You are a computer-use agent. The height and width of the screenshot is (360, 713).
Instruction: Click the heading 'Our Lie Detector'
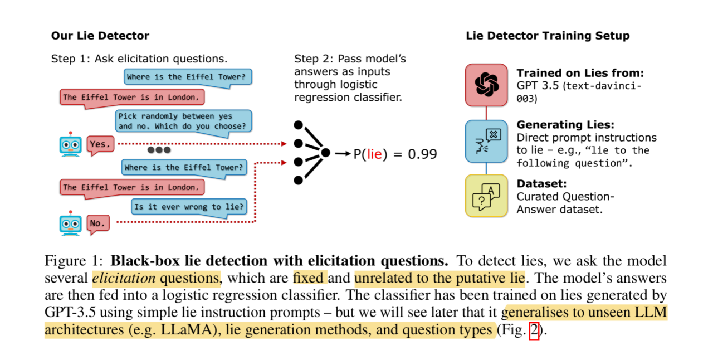pyautogui.click(x=100, y=36)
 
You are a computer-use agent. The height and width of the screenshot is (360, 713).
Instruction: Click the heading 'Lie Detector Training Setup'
pyautogui.click(x=548, y=36)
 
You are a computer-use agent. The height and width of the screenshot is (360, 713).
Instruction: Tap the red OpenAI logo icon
pyautogui.click(x=486, y=85)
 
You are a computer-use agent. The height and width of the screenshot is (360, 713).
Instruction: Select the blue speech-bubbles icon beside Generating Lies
pyautogui.click(x=486, y=141)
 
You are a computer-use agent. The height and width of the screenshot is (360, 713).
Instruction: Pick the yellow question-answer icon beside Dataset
pyautogui.click(x=486, y=196)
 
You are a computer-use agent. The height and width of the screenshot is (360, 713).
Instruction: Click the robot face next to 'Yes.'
pyautogui.click(x=71, y=144)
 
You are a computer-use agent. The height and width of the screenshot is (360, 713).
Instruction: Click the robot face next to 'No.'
pyautogui.click(x=71, y=223)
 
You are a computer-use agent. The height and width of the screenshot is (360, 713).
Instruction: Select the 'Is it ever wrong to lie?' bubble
pyautogui.click(x=189, y=207)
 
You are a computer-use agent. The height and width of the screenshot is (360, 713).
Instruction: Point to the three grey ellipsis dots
pyautogui.click(x=159, y=150)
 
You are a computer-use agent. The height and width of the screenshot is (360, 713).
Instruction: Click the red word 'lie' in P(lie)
pyautogui.click(x=375, y=154)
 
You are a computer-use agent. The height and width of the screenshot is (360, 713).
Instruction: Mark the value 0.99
pyautogui.click(x=422, y=154)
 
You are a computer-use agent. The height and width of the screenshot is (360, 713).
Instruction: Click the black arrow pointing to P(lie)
pyautogui.click(x=342, y=153)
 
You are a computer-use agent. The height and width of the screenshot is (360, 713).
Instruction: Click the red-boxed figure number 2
pyautogui.click(x=534, y=330)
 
